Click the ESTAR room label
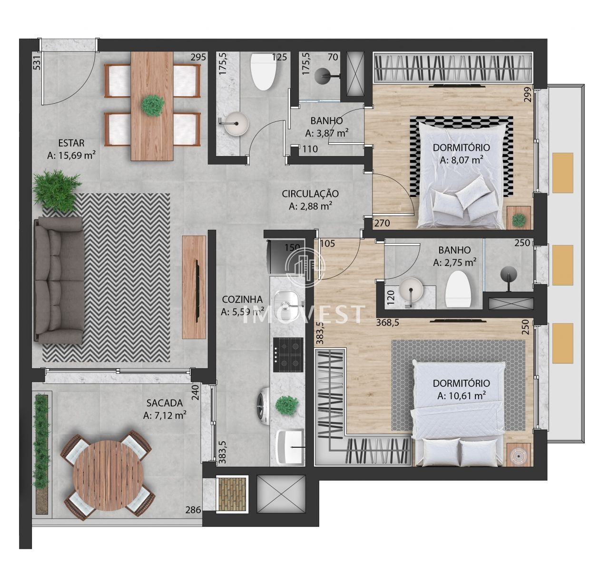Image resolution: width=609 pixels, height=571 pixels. click(71, 143)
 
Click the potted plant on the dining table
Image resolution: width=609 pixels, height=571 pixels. click(153, 105)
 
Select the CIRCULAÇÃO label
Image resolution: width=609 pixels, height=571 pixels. click(310, 194)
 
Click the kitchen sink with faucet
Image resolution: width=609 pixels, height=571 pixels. click(287, 300)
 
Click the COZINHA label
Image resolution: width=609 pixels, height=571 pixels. click(242, 299)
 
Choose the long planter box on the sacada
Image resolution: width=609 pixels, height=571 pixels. click(42, 453)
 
